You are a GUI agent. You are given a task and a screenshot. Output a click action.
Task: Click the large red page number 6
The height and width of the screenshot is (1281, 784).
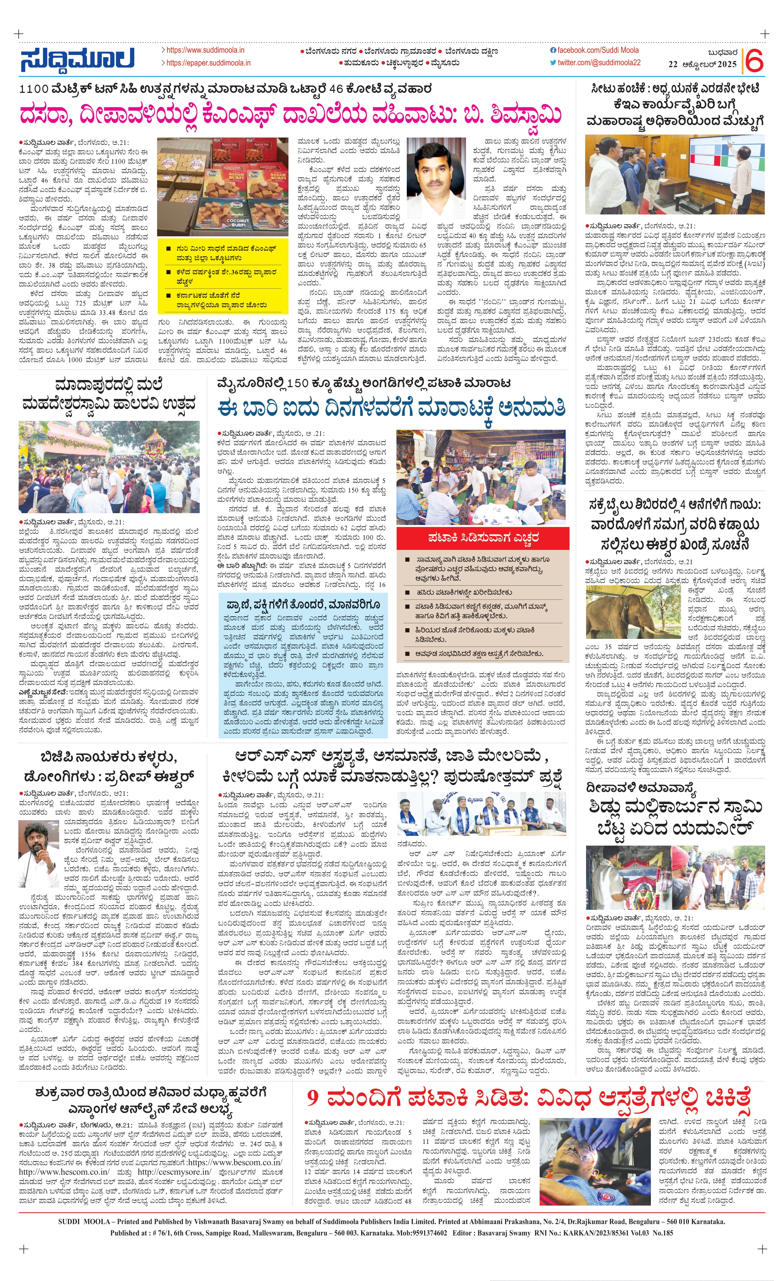click(755, 61)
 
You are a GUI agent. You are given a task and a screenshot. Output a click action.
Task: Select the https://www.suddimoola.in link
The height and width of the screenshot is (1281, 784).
click(205, 50)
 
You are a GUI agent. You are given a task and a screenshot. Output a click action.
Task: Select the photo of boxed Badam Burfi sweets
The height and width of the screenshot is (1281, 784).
click(222, 186)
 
